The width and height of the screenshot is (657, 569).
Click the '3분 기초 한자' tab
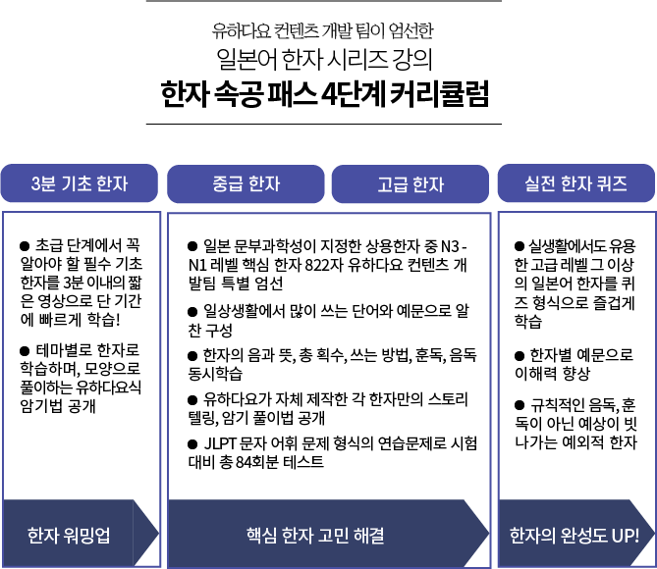pos(80,183)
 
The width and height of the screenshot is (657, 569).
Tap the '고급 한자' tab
pos(410,183)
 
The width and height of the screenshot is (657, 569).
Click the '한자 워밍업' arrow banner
pos(71,535)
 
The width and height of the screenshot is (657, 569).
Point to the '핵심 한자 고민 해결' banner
pos(314,535)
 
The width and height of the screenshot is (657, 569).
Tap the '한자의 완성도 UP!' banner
pos(575,535)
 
